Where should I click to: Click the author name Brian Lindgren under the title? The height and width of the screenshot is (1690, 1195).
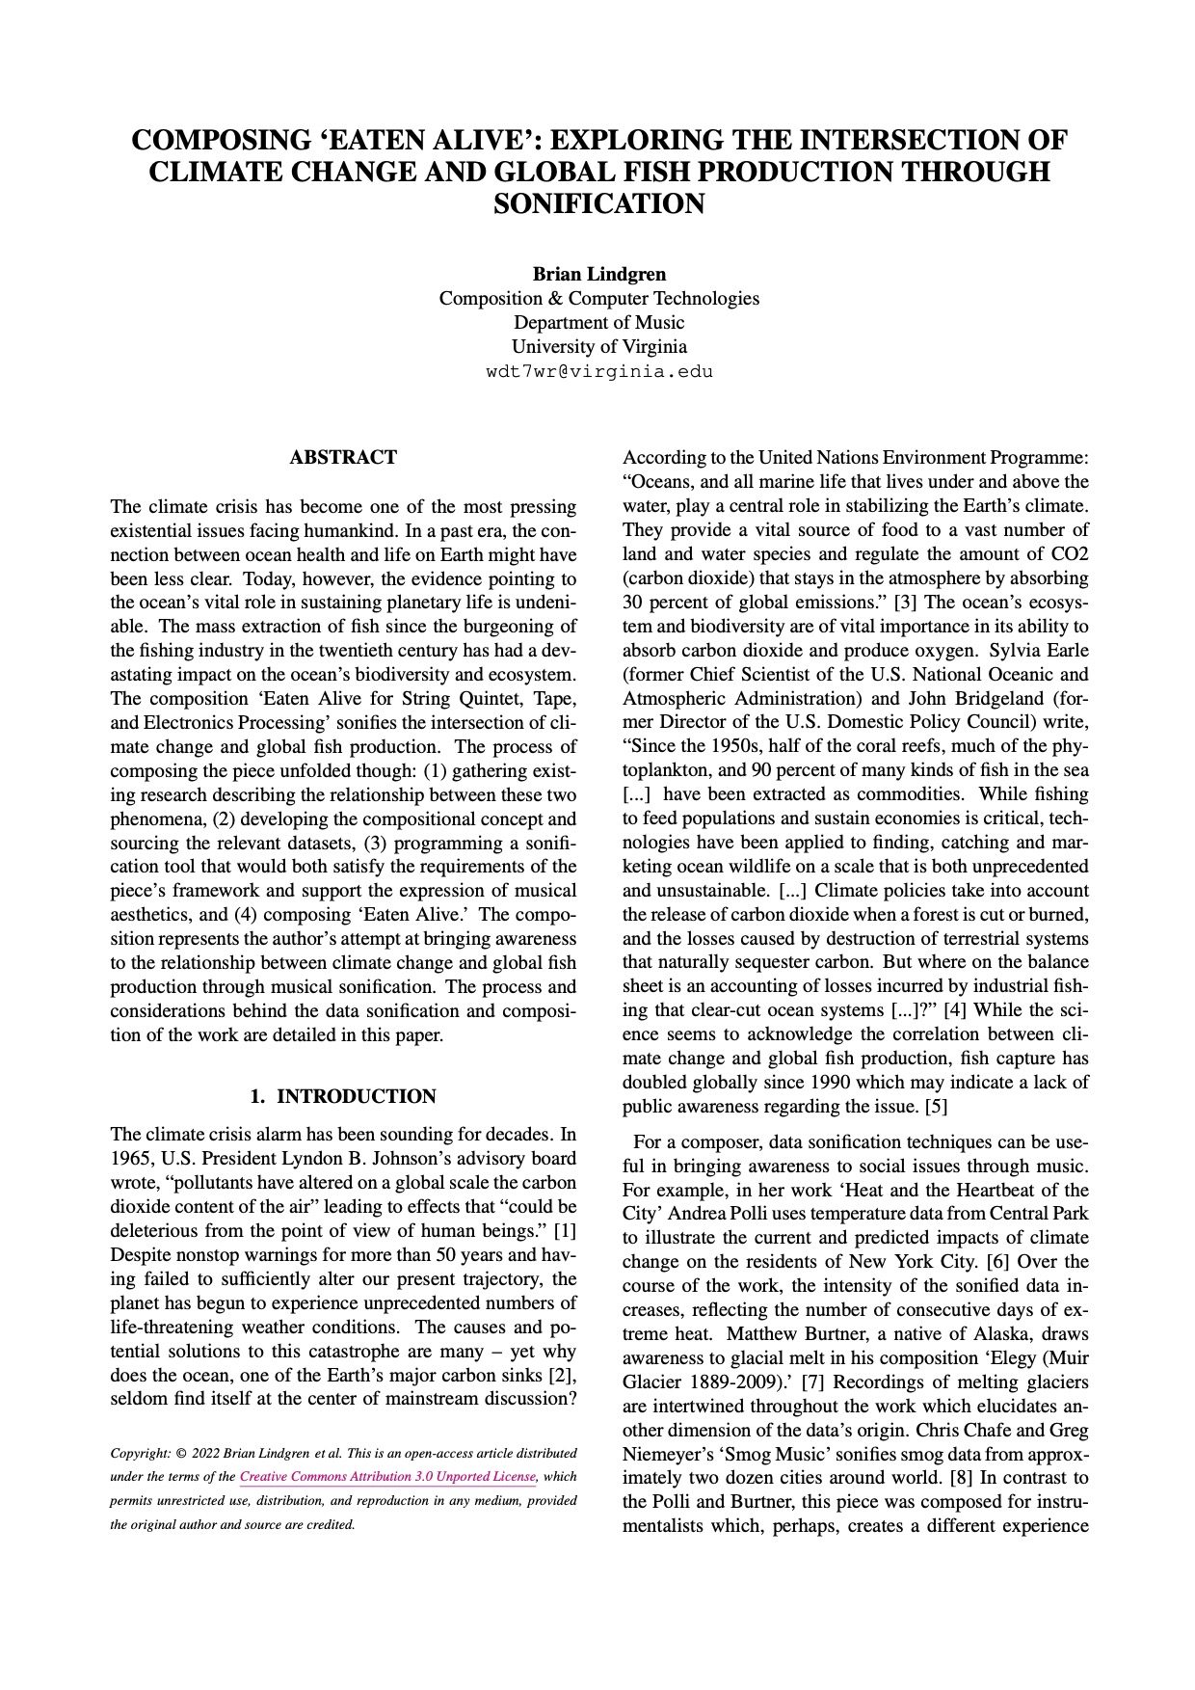pos(598,274)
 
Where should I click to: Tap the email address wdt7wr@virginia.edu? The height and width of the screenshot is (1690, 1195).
pos(598,371)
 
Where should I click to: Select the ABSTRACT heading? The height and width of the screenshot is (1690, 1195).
pos(343,457)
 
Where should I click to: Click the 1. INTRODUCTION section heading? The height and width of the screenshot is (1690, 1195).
pos(343,1096)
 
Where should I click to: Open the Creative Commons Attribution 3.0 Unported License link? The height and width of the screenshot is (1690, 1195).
pos(388,1477)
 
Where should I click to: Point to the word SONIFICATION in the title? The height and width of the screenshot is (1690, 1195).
pos(598,204)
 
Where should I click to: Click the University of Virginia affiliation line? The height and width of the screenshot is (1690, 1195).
pos(598,346)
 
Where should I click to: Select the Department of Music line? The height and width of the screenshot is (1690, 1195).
pos(598,322)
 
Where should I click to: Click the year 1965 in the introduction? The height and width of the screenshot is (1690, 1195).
pos(132,1159)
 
